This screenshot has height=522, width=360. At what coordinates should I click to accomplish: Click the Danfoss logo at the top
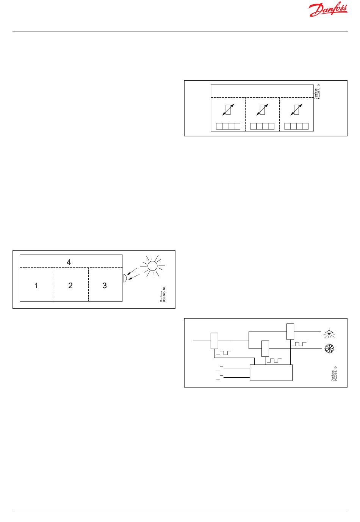[x=328, y=9]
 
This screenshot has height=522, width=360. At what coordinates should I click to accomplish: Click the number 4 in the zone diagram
[x=69, y=262]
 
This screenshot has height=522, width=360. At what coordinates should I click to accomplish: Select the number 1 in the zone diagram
[x=36, y=286]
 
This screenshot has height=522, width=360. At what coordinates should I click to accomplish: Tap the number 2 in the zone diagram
[x=70, y=286]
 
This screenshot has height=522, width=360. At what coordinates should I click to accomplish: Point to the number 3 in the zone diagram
[x=105, y=286]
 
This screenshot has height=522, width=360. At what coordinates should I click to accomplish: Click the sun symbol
[x=152, y=266]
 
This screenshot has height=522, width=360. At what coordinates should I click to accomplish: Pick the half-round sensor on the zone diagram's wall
[x=125, y=278]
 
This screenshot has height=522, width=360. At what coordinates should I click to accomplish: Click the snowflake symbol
[x=329, y=349]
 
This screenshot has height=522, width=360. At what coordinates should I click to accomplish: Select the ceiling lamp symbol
[x=329, y=333]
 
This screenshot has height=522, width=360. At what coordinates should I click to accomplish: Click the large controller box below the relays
[x=271, y=372]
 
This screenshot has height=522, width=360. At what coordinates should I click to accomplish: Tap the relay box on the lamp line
[x=290, y=331]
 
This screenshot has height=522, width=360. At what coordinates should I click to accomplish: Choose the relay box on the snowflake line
[x=265, y=349]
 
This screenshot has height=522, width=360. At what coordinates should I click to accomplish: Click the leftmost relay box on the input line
[x=214, y=341]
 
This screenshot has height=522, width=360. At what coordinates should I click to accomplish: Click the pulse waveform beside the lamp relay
[x=299, y=344]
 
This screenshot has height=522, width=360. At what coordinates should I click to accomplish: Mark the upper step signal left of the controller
[x=220, y=368]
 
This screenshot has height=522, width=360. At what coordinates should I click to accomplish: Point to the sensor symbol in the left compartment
[x=228, y=110]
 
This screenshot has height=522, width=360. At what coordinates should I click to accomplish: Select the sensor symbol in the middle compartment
[x=262, y=110]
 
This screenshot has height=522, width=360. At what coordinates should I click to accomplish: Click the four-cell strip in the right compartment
[x=296, y=126]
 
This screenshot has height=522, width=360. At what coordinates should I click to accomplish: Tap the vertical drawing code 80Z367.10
[x=317, y=92]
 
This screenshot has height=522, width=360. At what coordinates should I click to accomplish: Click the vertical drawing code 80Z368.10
[x=334, y=374]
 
